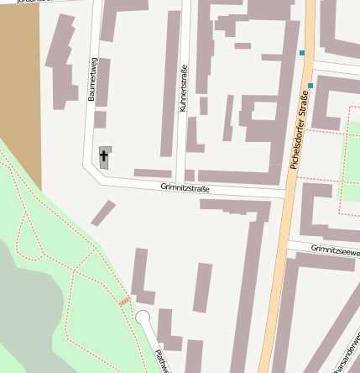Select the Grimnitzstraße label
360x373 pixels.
coord(185,189)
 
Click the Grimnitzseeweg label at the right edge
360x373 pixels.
coord(335,250)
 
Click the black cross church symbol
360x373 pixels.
coord(105,156)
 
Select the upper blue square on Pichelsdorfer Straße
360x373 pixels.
coord(302,53)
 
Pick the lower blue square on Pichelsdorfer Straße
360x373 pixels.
coord(310,86)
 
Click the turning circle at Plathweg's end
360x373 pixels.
coord(143,317)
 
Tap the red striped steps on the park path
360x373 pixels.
coord(124,301)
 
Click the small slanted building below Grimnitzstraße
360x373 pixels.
coord(103,213)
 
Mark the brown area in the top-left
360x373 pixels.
coord(19,84)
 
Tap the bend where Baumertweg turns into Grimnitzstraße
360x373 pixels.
coord(90,167)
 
